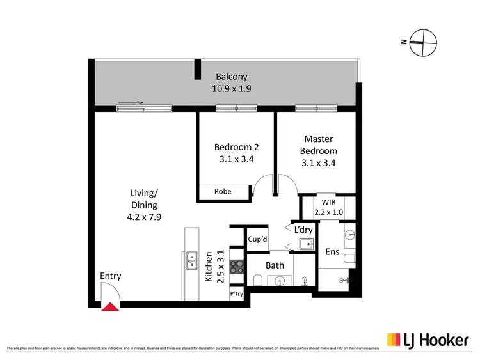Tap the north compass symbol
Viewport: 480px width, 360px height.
[x=423, y=42]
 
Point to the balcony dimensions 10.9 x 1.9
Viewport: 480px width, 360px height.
[x=231, y=90]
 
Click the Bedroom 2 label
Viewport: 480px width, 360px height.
[x=234, y=147]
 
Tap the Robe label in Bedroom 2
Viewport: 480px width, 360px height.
[x=223, y=191]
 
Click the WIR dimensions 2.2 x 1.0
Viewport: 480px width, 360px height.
[x=328, y=212]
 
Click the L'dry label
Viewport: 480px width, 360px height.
[x=303, y=229]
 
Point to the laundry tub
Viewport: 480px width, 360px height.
[x=305, y=244]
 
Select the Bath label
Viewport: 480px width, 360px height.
[x=275, y=265]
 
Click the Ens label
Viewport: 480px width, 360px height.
[x=332, y=252]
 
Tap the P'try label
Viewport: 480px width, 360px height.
[x=237, y=295]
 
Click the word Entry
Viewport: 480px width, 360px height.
[x=111, y=276]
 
